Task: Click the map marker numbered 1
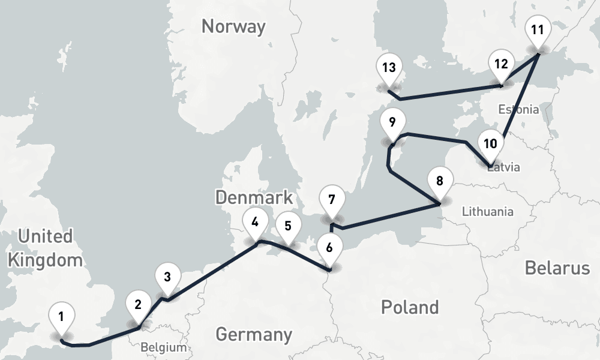[x=61, y=316]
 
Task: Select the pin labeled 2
[x=138, y=304]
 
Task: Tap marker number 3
[x=167, y=277]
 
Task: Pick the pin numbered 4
[x=255, y=223]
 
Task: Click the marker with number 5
[x=288, y=226]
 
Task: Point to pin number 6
[x=328, y=247]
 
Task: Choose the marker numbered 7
[x=332, y=199]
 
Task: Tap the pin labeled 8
[x=440, y=181]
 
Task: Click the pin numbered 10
[x=490, y=144]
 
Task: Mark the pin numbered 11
[x=537, y=29]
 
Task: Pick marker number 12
[x=501, y=64]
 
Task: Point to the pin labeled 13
[x=388, y=67]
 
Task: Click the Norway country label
[x=233, y=26]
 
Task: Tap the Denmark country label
[x=254, y=197]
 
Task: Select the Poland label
[x=410, y=307]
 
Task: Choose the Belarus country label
[x=557, y=268]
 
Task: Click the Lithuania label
[x=487, y=211]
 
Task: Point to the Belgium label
[x=163, y=347]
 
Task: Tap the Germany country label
[x=254, y=334]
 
